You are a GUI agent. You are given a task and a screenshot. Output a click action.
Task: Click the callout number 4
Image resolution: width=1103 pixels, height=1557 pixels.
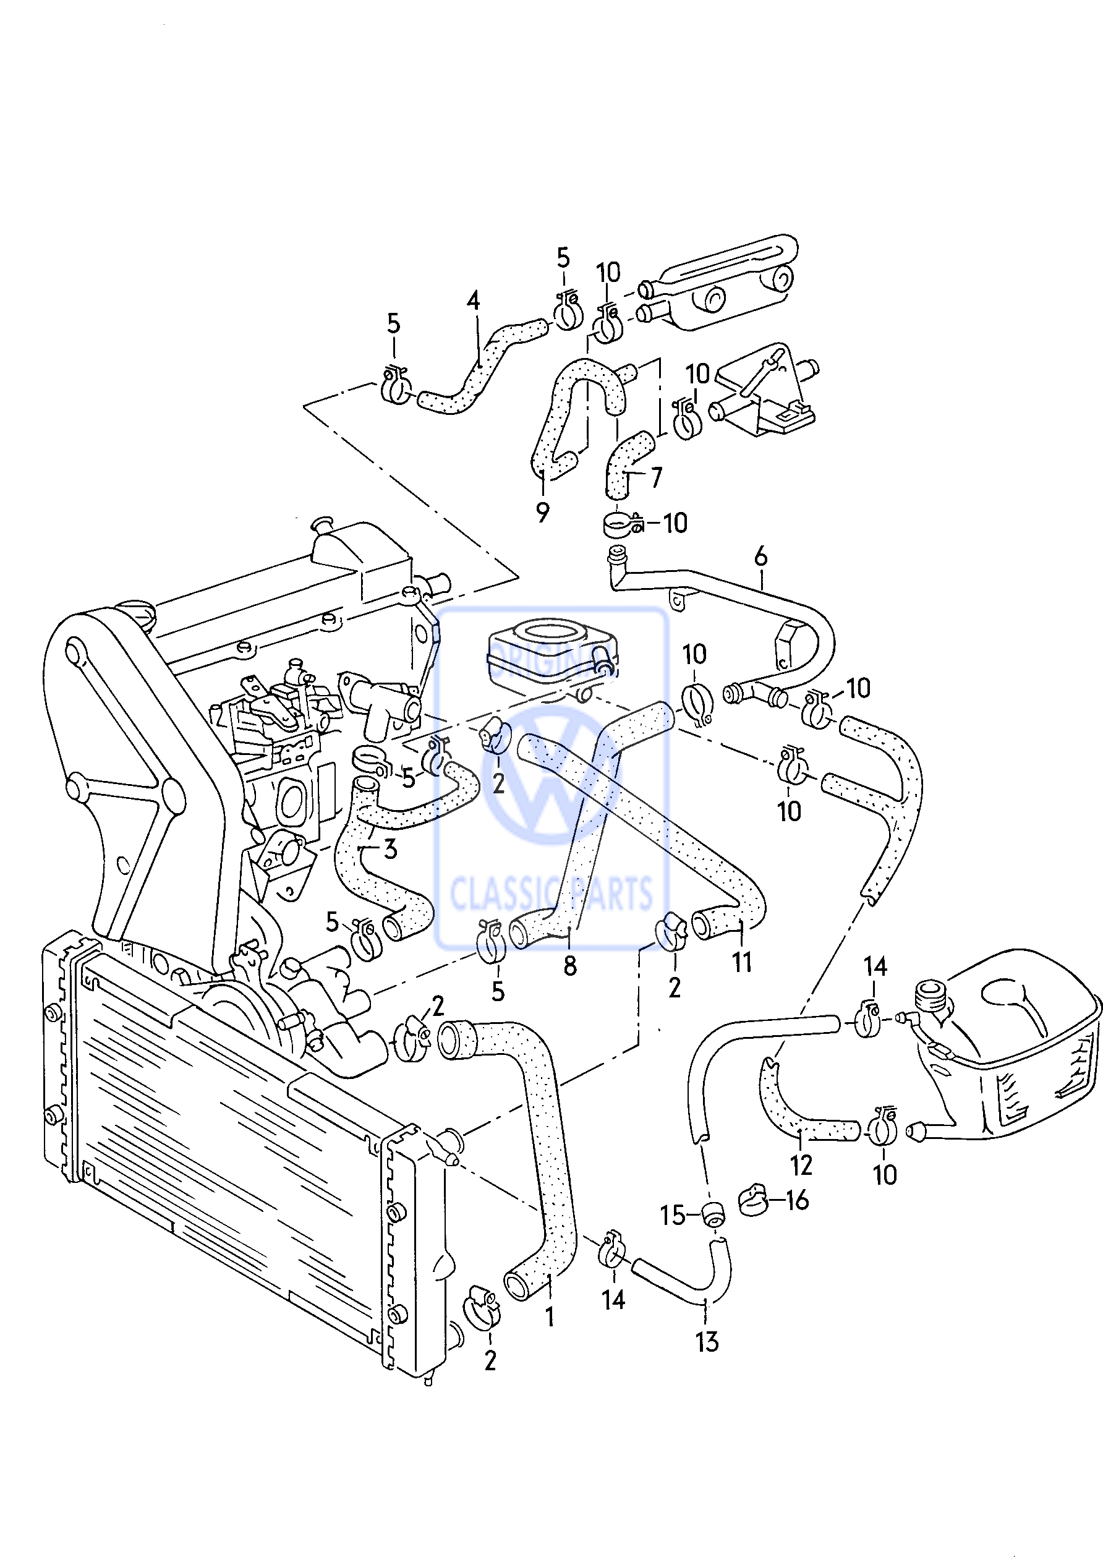tap(474, 301)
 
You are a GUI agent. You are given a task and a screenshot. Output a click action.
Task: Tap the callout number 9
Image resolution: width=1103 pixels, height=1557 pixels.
tap(542, 512)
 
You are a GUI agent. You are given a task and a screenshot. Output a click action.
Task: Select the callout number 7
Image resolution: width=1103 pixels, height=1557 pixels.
tap(655, 477)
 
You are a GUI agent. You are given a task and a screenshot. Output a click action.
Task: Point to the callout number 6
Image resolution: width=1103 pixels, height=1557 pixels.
tap(760, 557)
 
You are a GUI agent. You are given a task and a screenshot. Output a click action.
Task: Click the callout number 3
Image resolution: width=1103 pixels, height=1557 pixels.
tap(390, 848)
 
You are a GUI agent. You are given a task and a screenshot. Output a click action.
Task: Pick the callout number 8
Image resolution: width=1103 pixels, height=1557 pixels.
tap(570, 965)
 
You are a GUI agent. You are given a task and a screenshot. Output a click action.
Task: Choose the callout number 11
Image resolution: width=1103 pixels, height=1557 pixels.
tap(742, 962)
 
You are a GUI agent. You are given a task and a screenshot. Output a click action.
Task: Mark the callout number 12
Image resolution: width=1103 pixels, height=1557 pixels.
tap(801, 1165)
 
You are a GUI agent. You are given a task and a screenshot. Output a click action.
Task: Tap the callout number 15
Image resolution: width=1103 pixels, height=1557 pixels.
tap(673, 1215)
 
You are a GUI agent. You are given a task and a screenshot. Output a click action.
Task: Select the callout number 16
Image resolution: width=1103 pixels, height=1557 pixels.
tap(798, 1200)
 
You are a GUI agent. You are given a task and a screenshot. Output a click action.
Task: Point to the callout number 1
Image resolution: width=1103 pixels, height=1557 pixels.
tap(550, 1317)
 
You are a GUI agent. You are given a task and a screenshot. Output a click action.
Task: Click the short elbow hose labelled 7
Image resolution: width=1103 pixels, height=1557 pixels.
tap(625, 462)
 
